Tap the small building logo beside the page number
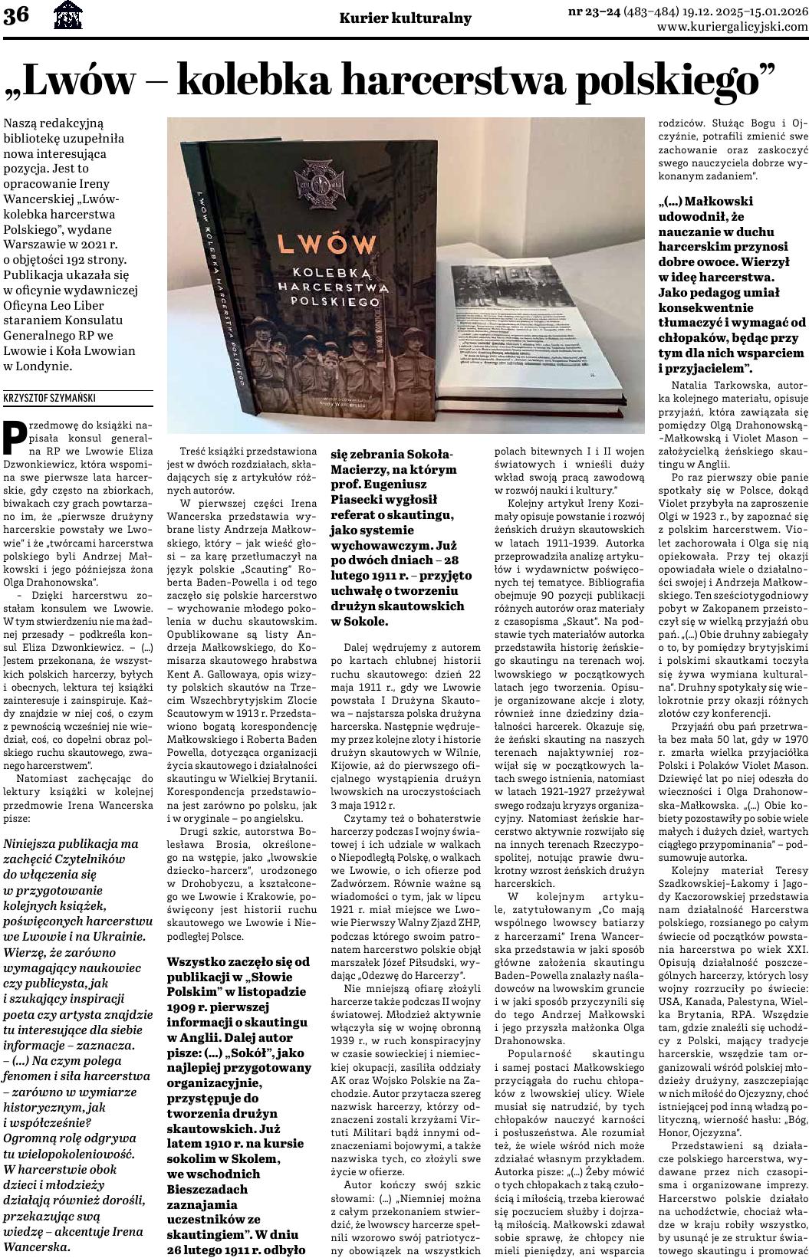(67, 16)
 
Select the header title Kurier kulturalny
(406, 18)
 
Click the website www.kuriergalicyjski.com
(732, 26)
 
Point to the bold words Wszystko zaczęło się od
(238, 961)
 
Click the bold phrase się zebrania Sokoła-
(381, 454)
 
